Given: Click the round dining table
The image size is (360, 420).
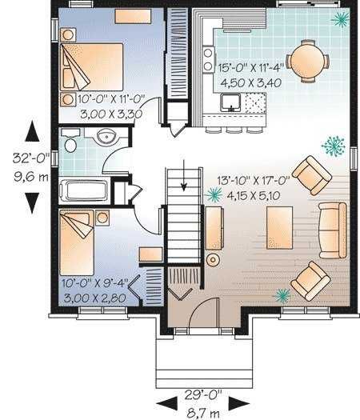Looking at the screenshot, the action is coord(307,61).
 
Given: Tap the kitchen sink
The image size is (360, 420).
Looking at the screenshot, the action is coord(230,102).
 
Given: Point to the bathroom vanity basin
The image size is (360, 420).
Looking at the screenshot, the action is coord(107,137).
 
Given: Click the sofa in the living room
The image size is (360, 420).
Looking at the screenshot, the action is coord(333,230).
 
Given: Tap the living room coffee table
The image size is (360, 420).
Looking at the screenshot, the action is coord(279,228).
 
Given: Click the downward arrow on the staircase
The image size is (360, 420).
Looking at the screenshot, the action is coord(184,175).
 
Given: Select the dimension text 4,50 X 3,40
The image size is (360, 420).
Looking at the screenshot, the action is coord(250,82).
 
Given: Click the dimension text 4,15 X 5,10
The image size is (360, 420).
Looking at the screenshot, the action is coord(254,195).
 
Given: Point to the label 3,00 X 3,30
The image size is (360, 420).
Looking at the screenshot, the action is coord(111,114).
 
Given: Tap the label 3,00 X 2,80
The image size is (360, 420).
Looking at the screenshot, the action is coord(95,298).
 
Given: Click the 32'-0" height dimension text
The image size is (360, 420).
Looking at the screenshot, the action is coord(31,158).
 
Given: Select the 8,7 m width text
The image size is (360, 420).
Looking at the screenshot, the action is coord(203,414).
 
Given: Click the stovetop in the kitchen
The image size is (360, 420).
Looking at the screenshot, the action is coord(208,59).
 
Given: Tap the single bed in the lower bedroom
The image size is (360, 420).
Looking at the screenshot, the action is coord(77,242).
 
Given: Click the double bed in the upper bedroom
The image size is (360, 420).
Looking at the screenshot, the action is coord(92,66).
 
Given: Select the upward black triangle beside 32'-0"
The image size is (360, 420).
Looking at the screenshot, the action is coord(33,130).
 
